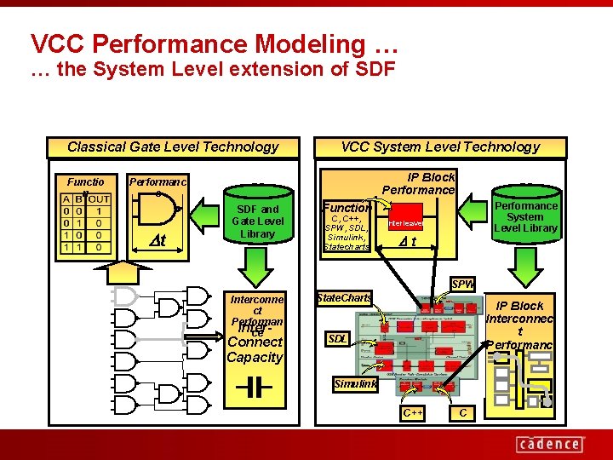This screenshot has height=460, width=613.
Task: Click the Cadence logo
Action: coord(550,444)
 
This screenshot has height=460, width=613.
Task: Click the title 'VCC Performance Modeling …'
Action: coord(214,43)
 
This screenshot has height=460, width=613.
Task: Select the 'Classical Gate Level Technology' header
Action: coord(173,147)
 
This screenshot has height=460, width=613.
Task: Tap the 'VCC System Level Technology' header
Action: coord(440,147)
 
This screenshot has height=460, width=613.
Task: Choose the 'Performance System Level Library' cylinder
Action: coord(525,216)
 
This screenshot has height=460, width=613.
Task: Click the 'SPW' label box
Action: coord(463,284)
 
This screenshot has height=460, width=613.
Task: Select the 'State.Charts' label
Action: coord(344,298)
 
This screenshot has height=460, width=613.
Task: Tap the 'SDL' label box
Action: coord(338,339)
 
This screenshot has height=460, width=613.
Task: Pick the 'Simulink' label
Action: coord(355,384)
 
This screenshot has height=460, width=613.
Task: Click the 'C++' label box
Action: coord(413,413)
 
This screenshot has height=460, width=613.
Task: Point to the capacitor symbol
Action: coord(253,388)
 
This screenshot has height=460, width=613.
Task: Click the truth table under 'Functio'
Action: coord(85,223)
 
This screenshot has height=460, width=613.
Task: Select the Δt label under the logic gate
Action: coord(158,240)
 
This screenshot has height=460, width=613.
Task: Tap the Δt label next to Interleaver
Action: coord(409,242)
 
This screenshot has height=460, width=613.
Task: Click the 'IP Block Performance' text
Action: coord(418,183)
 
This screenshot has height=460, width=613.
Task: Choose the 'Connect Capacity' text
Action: coord(255,349)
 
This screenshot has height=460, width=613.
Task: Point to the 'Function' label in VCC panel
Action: coord(346,207)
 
